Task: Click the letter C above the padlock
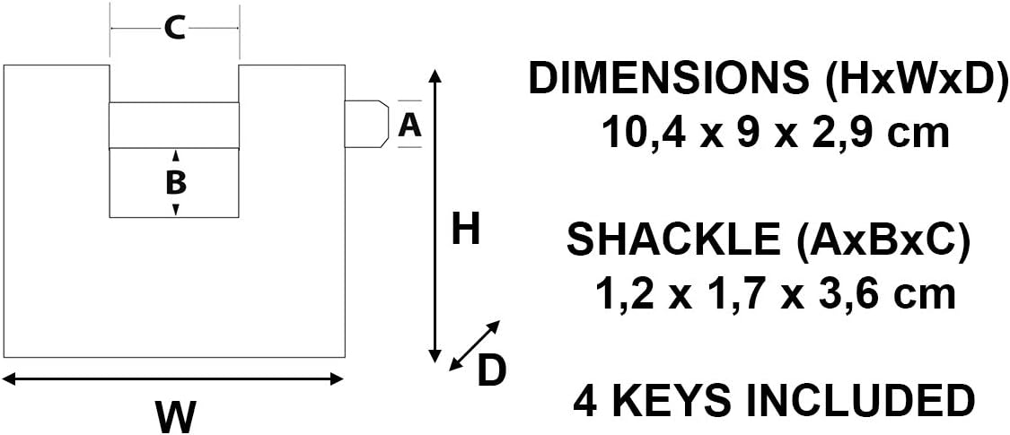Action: point(174,29)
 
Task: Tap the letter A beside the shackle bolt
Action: point(409,124)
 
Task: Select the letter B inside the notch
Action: point(176,183)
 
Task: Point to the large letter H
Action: point(466,229)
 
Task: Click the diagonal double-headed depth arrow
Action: point(474,345)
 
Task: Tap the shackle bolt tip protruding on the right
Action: point(366,124)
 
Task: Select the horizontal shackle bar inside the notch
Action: point(174,126)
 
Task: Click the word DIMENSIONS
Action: point(669,80)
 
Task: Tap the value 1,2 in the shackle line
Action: point(621,296)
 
